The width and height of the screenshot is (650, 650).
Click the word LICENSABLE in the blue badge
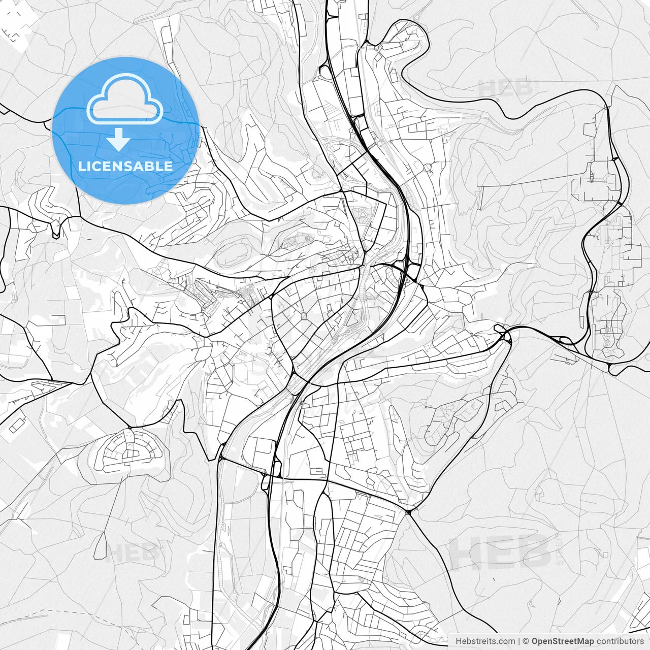point(125,166)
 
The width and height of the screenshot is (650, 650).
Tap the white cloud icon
point(125,99)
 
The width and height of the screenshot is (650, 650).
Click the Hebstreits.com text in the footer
point(485,641)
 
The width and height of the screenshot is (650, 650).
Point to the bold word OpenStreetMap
point(562,641)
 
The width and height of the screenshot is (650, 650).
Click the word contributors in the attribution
point(620,641)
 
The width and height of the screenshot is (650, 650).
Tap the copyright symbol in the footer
point(526,641)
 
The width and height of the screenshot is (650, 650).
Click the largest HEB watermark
point(500,552)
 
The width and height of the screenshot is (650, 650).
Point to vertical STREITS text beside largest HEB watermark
point(560,550)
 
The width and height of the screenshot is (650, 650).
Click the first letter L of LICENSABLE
point(81,166)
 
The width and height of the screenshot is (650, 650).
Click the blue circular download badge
point(125,131)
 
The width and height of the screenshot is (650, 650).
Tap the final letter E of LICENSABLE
point(168,166)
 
